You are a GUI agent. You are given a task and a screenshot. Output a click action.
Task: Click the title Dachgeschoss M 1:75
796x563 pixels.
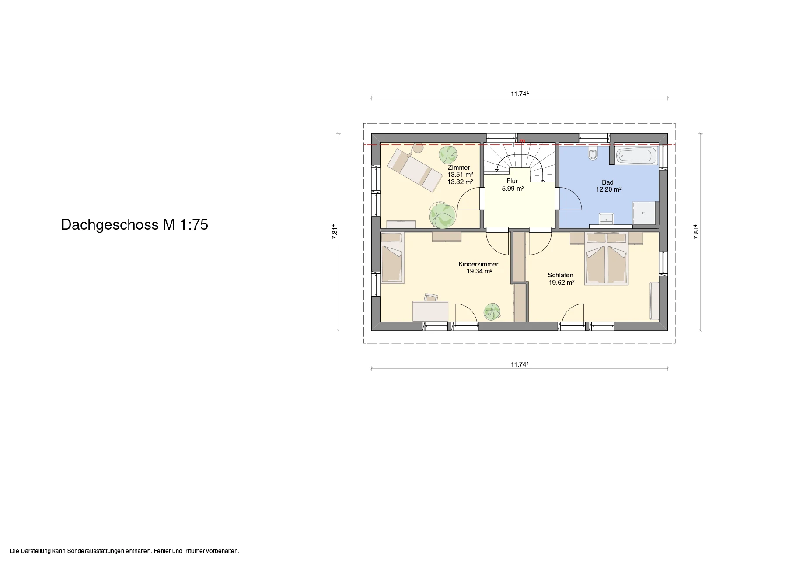tap(135, 224)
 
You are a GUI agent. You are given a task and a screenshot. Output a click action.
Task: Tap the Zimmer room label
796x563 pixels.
tap(459, 168)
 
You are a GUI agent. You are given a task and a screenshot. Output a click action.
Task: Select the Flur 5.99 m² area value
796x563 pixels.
tap(513, 189)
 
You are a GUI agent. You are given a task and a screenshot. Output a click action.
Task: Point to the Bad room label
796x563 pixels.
tap(607, 182)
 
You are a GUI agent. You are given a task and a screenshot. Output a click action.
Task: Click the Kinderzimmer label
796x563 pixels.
tap(478, 264)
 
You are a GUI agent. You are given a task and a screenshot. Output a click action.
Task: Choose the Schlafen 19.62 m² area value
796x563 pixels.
tap(562, 283)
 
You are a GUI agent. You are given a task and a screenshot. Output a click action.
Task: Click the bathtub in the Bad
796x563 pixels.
tap(636, 155)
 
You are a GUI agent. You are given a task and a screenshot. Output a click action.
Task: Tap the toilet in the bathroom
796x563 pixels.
tap(593, 154)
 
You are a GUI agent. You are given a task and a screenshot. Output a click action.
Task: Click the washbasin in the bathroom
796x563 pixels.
tap(607, 218)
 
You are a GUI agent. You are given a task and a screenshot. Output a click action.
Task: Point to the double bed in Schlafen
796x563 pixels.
tap(607, 259)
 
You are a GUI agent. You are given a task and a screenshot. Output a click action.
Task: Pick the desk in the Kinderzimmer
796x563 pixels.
tap(124, 311)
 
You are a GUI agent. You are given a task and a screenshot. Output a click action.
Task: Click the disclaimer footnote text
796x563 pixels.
tap(125, 551)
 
